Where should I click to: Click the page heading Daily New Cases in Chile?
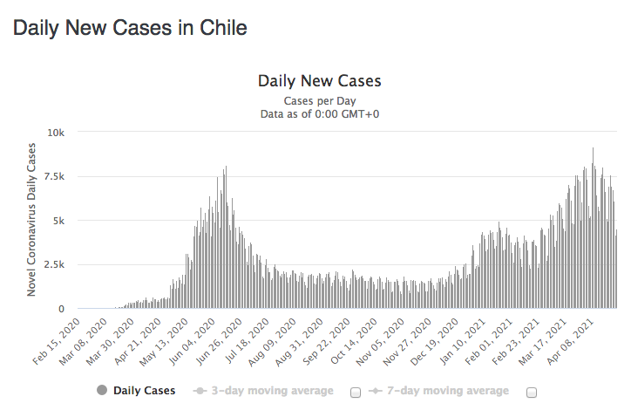[x=130, y=28]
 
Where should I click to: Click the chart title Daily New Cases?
[x=320, y=81]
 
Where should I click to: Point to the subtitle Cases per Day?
[x=320, y=100]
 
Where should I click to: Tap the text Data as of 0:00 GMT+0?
[x=320, y=114]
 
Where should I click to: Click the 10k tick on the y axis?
[x=56, y=133]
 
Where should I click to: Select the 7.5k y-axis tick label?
[x=55, y=176]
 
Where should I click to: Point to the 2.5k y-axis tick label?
[x=55, y=264]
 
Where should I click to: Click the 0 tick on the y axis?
[x=61, y=309]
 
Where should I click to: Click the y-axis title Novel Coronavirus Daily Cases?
[x=31, y=220]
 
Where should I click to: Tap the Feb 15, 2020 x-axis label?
[x=57, y=341]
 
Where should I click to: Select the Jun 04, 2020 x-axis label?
[x=192, y=341]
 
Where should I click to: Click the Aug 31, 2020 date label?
[x=300, y=341]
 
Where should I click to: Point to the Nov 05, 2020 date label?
[x=381, y=341]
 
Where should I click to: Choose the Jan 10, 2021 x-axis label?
[x=462, y=341]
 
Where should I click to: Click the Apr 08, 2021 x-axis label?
[x=570, y=341]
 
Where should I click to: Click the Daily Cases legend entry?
[x=136, y=390]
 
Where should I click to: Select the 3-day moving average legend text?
[x=273, y=390]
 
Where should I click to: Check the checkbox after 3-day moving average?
[x=356, y=393]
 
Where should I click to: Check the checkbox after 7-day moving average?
[x=532, y=393]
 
